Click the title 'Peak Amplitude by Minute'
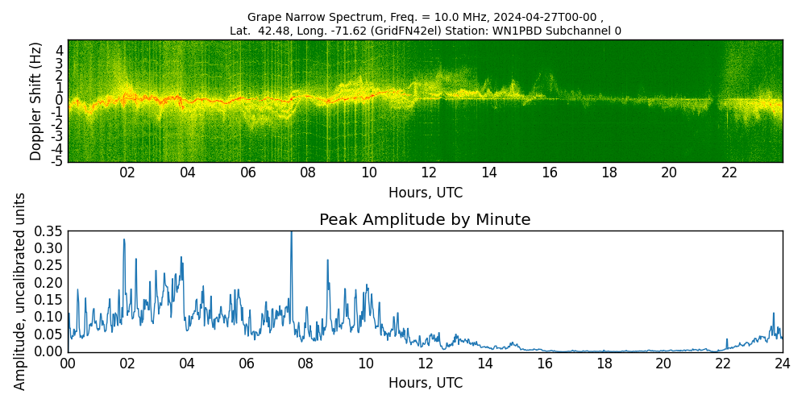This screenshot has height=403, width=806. click(425, 220)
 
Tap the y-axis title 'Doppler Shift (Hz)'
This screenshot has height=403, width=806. click(35, 101)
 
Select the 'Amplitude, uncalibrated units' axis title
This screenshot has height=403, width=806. click(20, 291)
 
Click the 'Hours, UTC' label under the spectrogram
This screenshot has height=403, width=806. click(425, 193)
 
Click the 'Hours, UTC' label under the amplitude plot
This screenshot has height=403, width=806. click(425, 384)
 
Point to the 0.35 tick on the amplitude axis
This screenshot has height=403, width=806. click(48, 231)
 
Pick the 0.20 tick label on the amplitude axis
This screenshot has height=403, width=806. click(48, 283)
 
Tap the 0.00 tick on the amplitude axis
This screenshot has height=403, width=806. click(48, 351)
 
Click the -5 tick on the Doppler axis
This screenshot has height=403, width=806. click(58, 162)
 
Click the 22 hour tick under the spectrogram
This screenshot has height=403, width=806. click(729, 172)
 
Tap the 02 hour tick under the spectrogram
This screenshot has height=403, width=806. click(127, 172)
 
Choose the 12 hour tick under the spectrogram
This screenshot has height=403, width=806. click(429, 172)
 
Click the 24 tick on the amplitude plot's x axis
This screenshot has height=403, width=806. click(782, 364)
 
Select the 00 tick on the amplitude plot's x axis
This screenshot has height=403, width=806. click(69, 364)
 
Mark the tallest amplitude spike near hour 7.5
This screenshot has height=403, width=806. click(291, 234)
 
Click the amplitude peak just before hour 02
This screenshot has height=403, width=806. click(124, 239)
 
